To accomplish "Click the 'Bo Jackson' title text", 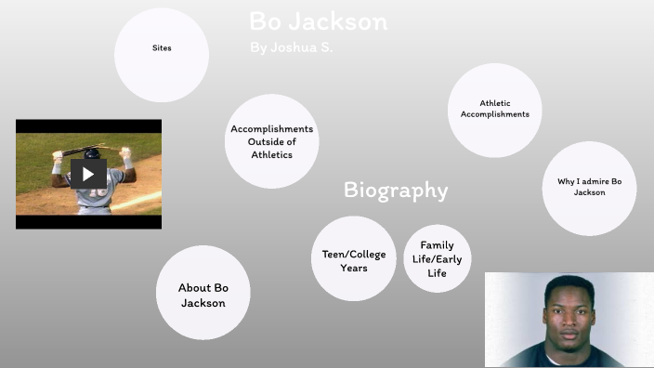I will pyautogui.click(x=319, y=21).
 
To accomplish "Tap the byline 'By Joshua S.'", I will pyautogui.click(x=291, y=46).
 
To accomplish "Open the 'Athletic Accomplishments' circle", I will pyautogui.click(x=495, y=110).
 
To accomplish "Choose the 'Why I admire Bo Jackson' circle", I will pyautogui.click(x=589, y=188).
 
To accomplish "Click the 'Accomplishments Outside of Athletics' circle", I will pyautogui.click(x=272, y=141).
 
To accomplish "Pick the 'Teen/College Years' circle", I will pyautogui.click(x=353, y=259).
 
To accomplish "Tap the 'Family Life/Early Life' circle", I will pyautogui.click(x=437, y=258).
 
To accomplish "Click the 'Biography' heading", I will pyautogui.click(x=396, y=191).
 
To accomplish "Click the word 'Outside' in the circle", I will pyautogui.click(x=272, y=142).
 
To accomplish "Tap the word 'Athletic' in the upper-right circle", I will pyautogui.click(x=495, y=103).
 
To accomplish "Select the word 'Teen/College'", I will pyautogui.click(x=353, y=254).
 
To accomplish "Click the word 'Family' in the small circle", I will pyautogui.click(x=437, y=245).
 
